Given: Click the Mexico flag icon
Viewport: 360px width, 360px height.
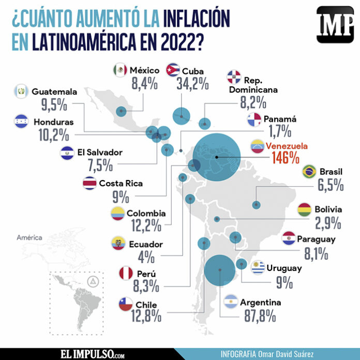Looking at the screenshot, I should [x=120, y=70].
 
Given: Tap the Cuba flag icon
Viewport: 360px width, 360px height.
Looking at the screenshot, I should [x=172, y=70].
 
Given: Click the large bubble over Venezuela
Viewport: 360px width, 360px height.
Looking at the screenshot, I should [x=217, y=157].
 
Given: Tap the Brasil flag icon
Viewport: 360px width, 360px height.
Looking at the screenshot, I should [x=310, y=171].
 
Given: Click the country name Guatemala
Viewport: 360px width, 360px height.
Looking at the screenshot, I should [x=54, y=92].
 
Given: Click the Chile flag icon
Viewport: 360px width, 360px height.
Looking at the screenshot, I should [x=127, y=304].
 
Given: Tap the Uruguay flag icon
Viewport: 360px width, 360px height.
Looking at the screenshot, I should [x=259, y=267].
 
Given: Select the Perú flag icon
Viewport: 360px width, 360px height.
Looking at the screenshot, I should [x=127, y=273].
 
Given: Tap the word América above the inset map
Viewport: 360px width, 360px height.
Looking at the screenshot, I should [x=29, y=238].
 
